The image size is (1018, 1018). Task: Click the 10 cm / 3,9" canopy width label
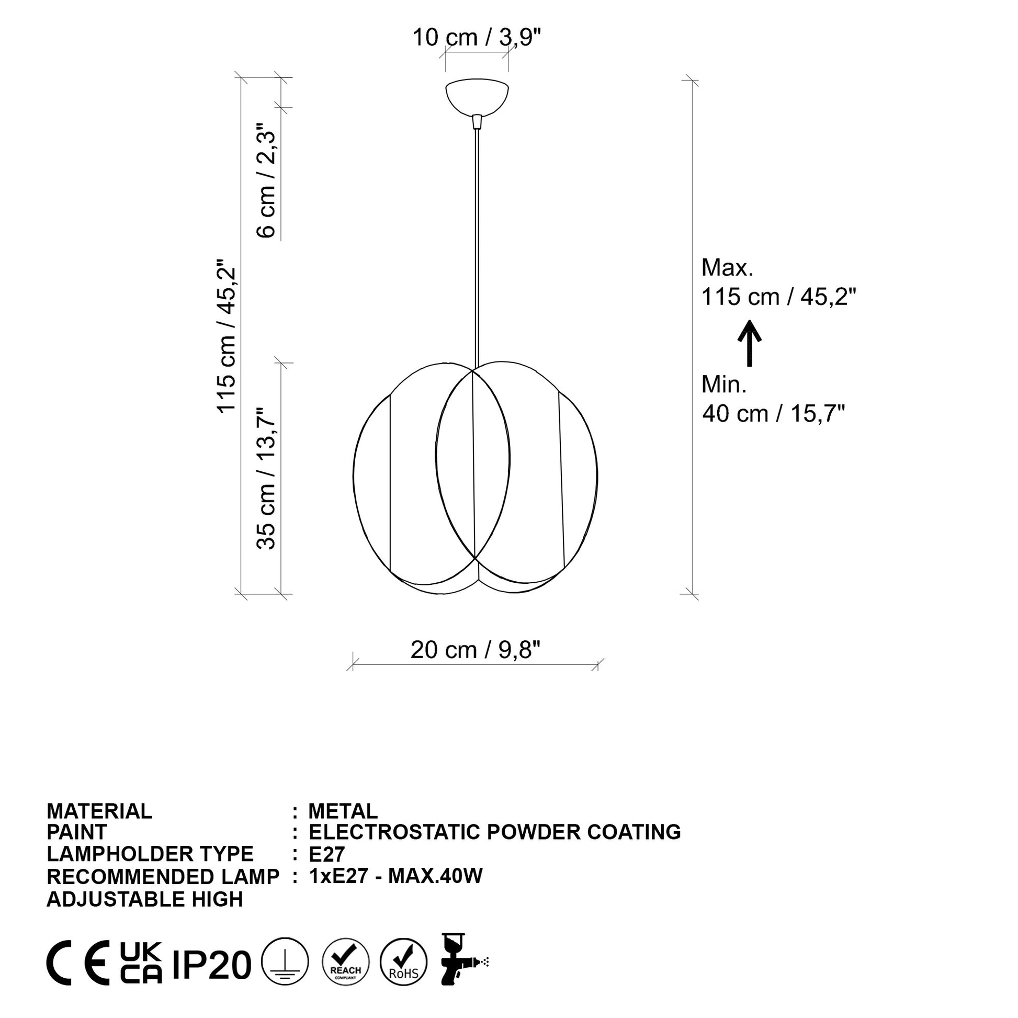pyautogui.click(x=477, y=38)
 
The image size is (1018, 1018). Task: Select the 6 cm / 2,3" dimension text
pyautogui.click(x=266, y=180)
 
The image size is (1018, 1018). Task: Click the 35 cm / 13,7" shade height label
pyautogui.click(x=266, y=479)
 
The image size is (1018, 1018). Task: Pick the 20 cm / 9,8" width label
pyautogui.click(x=476, y=650)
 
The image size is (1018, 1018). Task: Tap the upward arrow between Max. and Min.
pyautogui.click(x=749, y=343)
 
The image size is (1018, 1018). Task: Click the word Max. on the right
pyautogui.click(x=727, y=268)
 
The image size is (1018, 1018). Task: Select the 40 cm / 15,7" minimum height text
pyautogui.click(x=774, y=414)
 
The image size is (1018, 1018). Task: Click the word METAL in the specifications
pyautogui.click(x=343, y=811)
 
